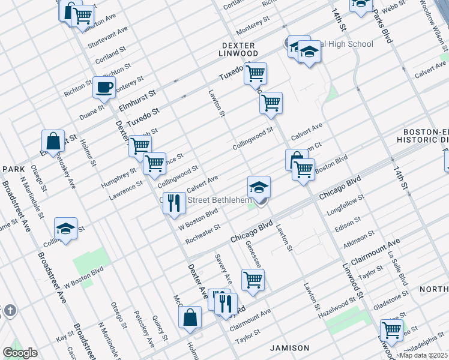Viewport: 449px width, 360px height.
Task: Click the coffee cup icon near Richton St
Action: [104, 88]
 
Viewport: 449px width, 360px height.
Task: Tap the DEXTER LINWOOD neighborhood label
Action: [239, 49]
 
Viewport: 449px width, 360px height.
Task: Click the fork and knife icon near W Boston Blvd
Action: [173, 203]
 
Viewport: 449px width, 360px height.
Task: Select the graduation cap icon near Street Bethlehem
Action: [259, 187]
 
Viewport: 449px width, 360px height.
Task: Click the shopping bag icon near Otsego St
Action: [53, 142]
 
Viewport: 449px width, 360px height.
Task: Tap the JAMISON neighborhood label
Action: [289, 348]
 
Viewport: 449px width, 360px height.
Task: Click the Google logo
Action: [20, 353]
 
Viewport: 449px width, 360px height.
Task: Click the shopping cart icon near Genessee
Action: [253, 280]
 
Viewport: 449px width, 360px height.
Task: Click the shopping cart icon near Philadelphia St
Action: [391, 329]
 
